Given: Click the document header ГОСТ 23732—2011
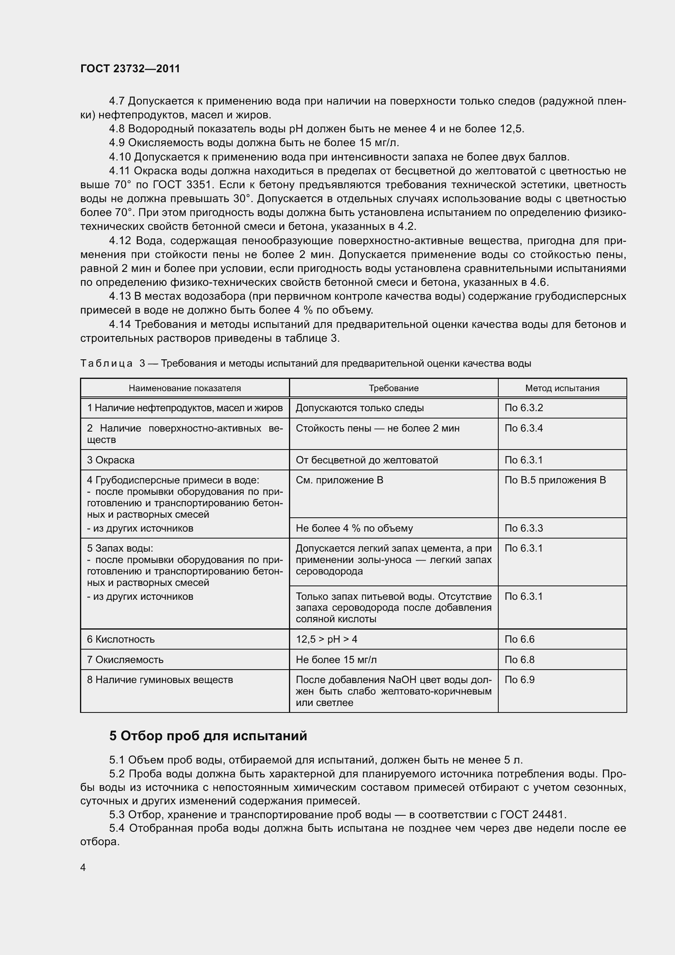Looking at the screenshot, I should click(x=130, y=69).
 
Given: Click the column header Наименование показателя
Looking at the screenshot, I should click(x=184, y=388).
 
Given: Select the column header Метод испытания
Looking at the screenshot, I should click(x=562, y=388).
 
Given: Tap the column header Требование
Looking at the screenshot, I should click(x=393, y=388).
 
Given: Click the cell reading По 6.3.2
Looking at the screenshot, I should click(x=524, y=407).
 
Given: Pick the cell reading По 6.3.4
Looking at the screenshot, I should click(x=524, y=428).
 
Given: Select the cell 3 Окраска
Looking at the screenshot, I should click(x=111, y=460).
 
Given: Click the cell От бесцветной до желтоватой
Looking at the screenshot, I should click(x=366, y=460).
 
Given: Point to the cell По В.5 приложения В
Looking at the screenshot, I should click(x=555, y=480).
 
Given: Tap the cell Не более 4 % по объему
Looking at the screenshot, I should click(x=354, y=528).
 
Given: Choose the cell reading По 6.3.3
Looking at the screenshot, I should click(x=524, y=528).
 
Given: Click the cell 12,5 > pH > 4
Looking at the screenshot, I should click(x=326, y=639).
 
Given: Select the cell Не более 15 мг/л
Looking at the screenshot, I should click(x=336, y=660).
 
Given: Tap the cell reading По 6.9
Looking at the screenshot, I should click(x=520, y=680).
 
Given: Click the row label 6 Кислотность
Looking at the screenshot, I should click(x=121, y=639).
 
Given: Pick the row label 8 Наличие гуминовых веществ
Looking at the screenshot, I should click(x=160, y=680).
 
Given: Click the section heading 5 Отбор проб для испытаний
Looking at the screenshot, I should click(x=208, y=736).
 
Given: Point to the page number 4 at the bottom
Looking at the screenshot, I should click(x=83, y=867).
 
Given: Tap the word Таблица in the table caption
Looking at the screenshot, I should click(x=107, y=363).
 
